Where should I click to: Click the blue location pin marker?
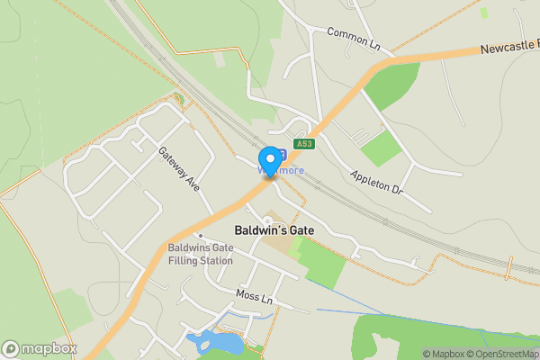tap(268, 160)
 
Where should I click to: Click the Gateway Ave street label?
tap(178, 168)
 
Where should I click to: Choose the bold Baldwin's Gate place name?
tap(274, 230)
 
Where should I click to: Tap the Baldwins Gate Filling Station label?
tap(200, 254)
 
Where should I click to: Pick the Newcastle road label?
tap(508, 46)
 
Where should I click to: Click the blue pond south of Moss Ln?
tap(216, 342)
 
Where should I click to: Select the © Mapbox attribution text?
tap(445, 354)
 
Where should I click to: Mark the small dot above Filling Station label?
tap(200, 236)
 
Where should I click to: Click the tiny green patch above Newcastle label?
tap(484, 13)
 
